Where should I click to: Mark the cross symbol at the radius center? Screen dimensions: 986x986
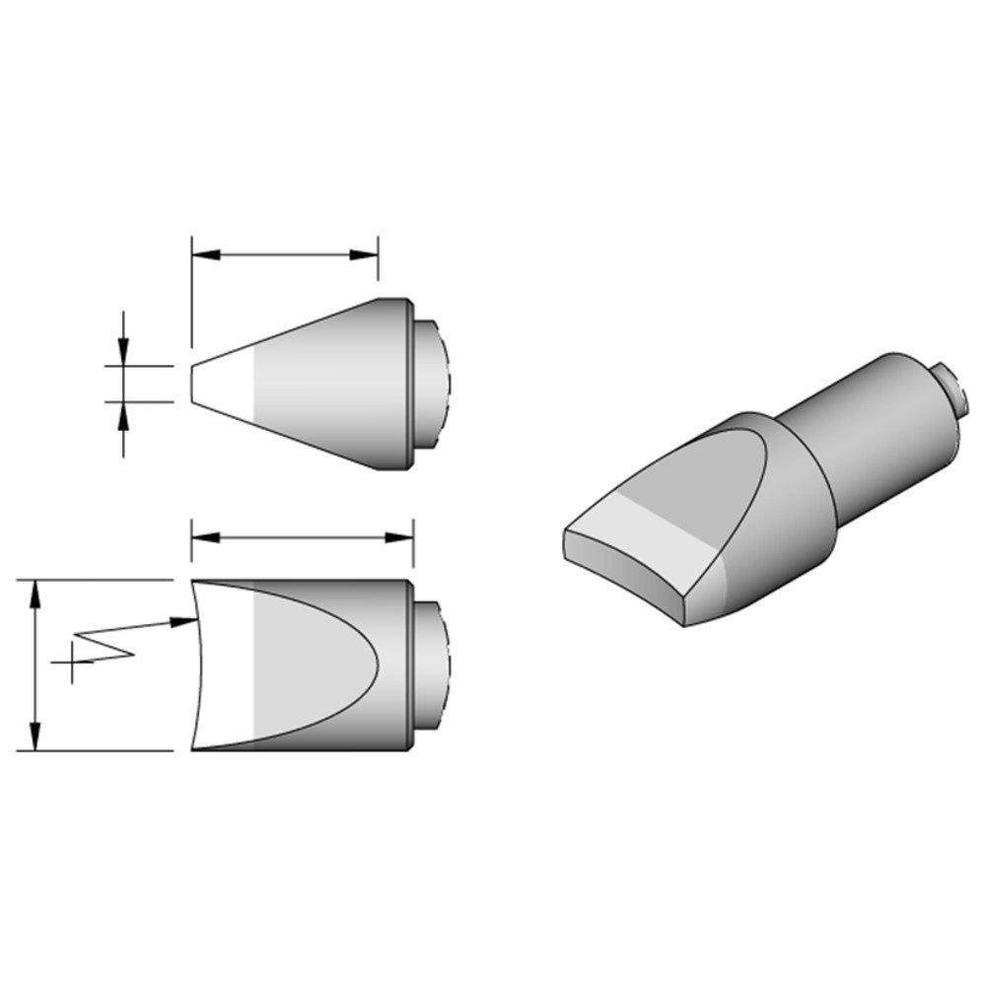click(x=71, y=663)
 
